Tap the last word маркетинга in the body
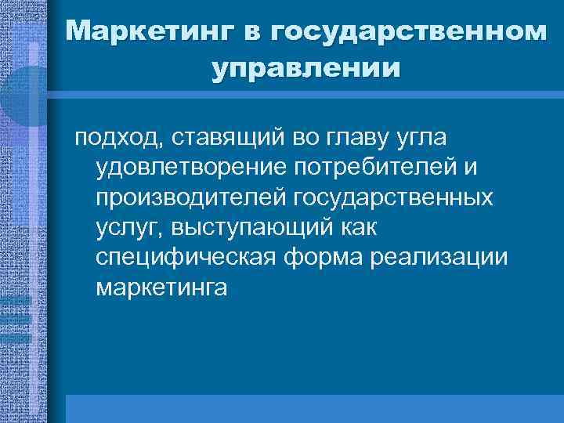(161, 287)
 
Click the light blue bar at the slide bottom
(313, 408)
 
